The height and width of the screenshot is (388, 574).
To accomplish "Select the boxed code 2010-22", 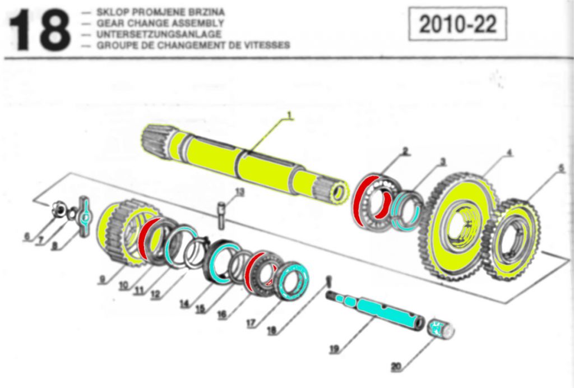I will click(457, 25).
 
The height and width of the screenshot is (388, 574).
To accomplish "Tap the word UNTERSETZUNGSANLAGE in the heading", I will click(159, 34).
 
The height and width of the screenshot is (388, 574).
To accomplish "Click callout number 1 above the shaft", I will click(290, 116).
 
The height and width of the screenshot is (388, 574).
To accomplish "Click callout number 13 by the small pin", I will click(240, 192).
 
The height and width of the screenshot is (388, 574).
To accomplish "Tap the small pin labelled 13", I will click(222, 215).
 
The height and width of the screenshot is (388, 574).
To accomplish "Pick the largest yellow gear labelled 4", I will click(457, 224).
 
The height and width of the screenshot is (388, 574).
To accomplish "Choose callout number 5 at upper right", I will click(561, 168).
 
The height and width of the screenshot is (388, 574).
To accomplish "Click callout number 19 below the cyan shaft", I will click(334, 349).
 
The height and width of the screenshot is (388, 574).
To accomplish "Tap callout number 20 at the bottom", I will click(396, 367).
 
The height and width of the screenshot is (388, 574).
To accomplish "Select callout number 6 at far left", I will click(26, 236).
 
